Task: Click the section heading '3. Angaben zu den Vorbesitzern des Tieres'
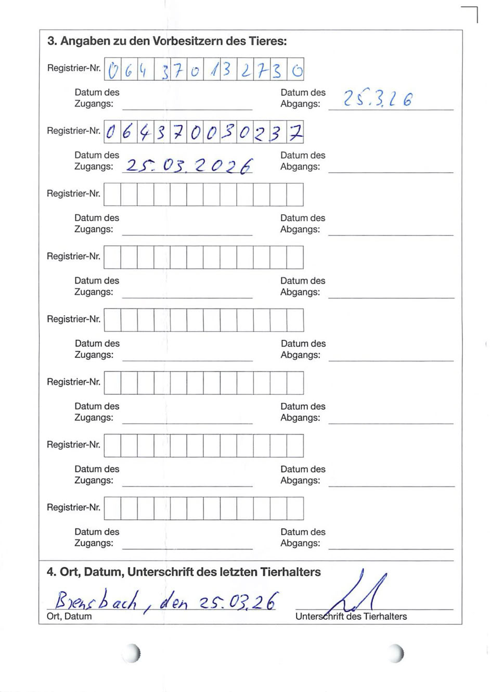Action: coord(167,42)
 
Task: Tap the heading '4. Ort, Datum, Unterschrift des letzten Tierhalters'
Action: coord(184,572)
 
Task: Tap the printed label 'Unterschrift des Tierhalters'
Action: coord(351,617)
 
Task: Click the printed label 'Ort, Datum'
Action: coord(69,617)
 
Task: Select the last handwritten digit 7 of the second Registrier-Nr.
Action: coord(295,133)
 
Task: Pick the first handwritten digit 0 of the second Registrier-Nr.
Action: coord(111,133)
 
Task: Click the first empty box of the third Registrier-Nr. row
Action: coord(112,195)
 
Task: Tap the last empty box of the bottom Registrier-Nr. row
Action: coord(295,508)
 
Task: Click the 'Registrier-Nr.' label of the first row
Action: coord(74,68)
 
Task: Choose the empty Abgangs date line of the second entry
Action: coord(391,168)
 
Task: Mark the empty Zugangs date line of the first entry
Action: coord(187,105)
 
